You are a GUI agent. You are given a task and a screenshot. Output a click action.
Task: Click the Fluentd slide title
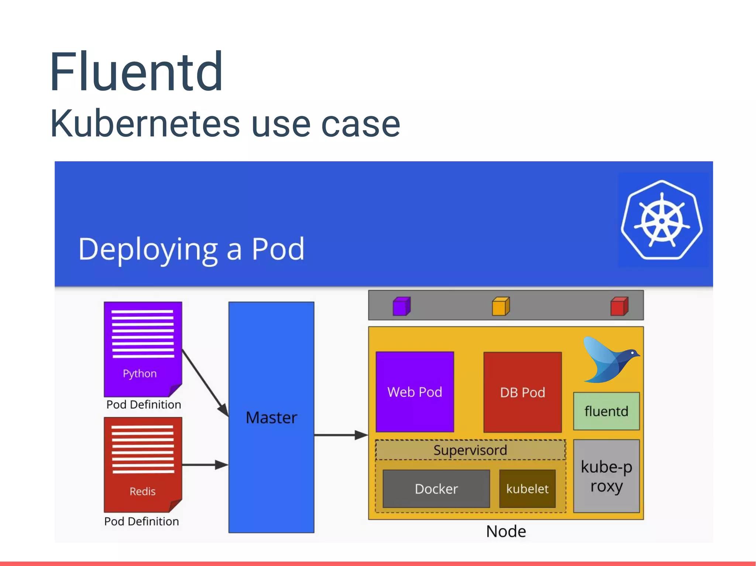pyautogui.click(x=136, y=72)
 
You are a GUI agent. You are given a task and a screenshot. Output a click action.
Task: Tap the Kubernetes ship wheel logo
pyautogui.click(x=662, y=220)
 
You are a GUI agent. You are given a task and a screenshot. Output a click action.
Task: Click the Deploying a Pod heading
pyautogui.click(x=191, y=250)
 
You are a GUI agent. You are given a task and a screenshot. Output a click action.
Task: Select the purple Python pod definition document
pyautogui.click(x=143, y=348)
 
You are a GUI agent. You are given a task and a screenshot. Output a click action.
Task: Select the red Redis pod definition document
pyautogui.click(x=143, y=464)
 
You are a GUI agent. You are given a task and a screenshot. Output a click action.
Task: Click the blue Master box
pyautogui.click(x=271, y=417)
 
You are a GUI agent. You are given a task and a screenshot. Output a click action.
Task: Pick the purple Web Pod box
pyautogui.click(x=415, y=392)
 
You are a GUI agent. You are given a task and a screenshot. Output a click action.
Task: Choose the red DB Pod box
pyautogui.click(x=522, y=392)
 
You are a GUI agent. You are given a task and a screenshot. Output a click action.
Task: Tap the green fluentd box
pyautogui.click(x=606, y=411)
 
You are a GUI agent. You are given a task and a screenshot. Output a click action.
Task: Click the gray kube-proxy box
pyautogui.click(x=606, y=476)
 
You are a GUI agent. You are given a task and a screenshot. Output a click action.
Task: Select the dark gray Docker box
pyautogui.click(x=436, y=489)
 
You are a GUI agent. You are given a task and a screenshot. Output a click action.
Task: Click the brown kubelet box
pyautogui.click(x=527, y=489)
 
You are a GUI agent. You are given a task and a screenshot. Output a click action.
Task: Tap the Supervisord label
pyautogui.click(x=470, y=450)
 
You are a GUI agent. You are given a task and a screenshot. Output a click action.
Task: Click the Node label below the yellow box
pyautogui.click(x=506, y=531)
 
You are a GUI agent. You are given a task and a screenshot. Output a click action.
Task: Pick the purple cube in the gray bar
pyautogui.click(x=401, y=306)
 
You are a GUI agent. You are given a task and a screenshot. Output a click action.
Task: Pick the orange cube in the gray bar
pyautogui.click(x=501, y=306)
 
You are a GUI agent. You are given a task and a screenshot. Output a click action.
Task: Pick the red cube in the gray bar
pyautogui.click(x=619, y=306)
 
